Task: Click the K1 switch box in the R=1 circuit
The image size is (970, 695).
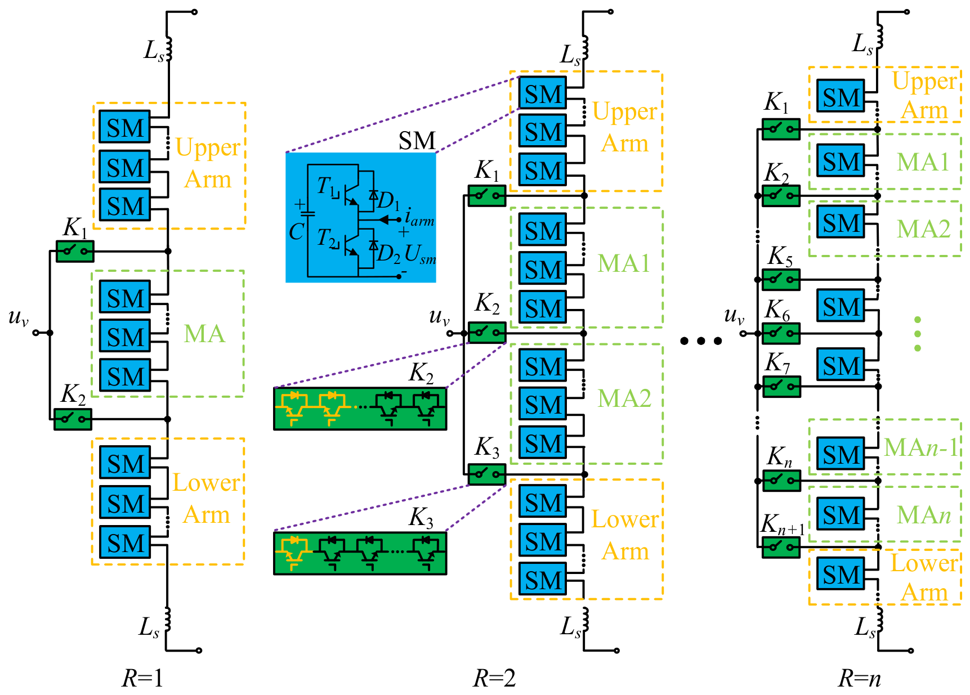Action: [75, 251]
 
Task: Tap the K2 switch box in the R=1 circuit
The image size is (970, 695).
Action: [73, 419]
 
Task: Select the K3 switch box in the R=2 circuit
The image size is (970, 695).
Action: [487, 474]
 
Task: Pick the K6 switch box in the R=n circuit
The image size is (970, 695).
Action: [781, 333]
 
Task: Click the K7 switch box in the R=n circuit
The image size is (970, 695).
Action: [781, 387]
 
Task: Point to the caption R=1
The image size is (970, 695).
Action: [143, 678]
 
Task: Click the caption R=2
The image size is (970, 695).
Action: [494, 678]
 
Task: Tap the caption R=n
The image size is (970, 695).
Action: [860, 678]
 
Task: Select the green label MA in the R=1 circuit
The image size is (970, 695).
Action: [204, 334]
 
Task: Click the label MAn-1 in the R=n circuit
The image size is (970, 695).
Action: [921, 448]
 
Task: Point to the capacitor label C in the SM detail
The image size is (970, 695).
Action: [296, 232]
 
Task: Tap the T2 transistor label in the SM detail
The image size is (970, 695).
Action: [327, 238]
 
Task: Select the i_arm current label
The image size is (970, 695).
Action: [419, 217]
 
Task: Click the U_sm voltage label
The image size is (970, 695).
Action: [420, 254]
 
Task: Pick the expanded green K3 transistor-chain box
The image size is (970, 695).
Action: [360, 553]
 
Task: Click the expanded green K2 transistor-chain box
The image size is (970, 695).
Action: [360, 409]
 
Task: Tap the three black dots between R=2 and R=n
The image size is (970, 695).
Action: [701, 341]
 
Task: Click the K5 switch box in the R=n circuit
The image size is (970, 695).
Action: [781, 280]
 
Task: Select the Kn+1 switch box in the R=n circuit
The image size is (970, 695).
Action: [781, 547]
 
